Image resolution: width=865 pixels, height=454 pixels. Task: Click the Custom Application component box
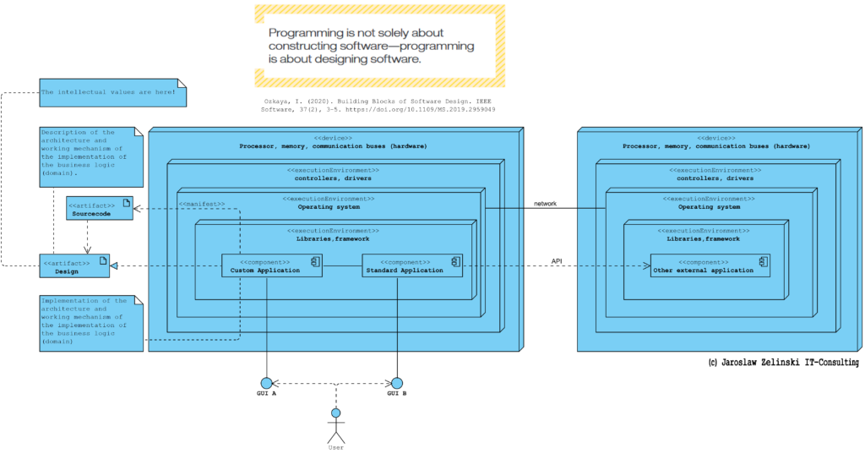[272, 265]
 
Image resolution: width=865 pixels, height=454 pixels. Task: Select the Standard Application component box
[412, 265]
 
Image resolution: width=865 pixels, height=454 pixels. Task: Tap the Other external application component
[710, 265]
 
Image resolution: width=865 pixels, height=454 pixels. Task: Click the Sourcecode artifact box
[100, 208]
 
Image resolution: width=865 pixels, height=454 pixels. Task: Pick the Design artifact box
[74, 266]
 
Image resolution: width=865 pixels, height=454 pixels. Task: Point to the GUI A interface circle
[266, 383]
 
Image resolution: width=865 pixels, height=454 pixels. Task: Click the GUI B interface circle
[397, 383]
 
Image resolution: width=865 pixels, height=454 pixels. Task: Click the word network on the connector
[545, 204]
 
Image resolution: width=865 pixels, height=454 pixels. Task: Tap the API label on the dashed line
[557, 261]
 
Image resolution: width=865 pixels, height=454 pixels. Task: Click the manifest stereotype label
[202, 205]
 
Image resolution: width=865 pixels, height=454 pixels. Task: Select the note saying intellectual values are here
[113, 93]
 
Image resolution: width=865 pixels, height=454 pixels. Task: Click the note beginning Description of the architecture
[91, 157]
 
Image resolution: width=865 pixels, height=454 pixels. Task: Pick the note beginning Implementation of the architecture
[91, 324]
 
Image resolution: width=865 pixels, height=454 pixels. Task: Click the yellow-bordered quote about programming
[379, 46]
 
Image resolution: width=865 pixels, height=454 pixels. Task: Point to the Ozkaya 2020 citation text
[378, 106]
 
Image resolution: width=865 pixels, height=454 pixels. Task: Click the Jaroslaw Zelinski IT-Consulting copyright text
[783, 363]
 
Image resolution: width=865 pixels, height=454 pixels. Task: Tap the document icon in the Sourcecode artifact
[127, 203]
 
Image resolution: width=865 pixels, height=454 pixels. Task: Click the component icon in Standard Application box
[455, 261]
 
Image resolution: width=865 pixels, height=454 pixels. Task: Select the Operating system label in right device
[710, 207]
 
